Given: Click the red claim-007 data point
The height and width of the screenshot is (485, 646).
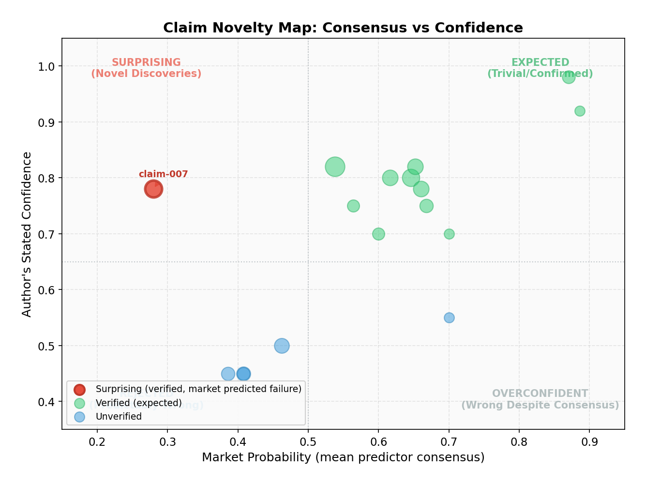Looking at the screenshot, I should point(153,189).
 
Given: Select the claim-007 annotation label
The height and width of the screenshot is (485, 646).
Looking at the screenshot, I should point(163,174).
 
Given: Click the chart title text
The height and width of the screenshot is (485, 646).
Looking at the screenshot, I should point(343,28).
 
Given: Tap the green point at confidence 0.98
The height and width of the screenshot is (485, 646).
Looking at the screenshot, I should point(569,77).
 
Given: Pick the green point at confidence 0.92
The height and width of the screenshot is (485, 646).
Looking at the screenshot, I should point(580,111).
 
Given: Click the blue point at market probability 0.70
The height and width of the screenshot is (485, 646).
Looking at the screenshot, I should point(449,318).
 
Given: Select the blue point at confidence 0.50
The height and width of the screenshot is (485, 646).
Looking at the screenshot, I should point(282,346).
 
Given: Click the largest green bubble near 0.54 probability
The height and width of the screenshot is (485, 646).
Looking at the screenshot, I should point(335,167).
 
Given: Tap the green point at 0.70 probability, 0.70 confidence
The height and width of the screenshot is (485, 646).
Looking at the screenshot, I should point(449,234).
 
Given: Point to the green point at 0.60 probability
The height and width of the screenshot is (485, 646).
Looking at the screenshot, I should point(378,234).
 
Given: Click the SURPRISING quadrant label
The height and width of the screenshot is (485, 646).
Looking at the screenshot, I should point(146,68).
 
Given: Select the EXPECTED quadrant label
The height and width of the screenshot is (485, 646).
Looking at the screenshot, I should point(540,68).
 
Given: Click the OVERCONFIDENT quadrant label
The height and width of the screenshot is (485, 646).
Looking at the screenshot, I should point(540,399).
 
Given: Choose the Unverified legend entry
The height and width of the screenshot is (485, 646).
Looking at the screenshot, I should point(119,417).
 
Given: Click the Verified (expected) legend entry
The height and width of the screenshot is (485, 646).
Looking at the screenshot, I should point(138,403).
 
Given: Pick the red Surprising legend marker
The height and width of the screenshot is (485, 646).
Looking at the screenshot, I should point(79,389).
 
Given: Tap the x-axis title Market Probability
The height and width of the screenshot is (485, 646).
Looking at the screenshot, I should point(343,457).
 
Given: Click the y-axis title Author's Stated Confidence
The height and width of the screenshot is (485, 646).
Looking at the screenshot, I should point(27,234).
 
